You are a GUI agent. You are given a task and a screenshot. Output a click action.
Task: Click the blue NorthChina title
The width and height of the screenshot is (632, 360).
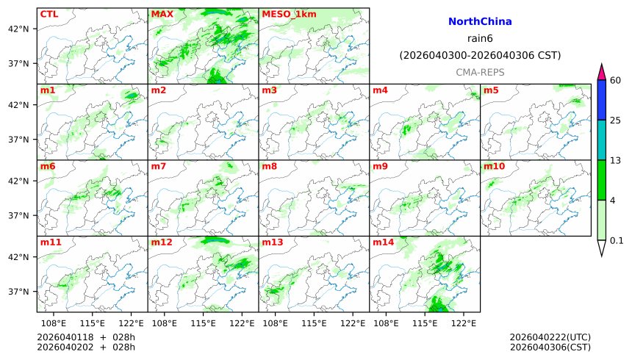click(480, 22)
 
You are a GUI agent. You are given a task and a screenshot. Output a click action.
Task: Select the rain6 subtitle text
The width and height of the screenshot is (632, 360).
click(480, 39)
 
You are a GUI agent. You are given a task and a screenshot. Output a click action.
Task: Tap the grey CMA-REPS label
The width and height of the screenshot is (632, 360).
click(480, 72)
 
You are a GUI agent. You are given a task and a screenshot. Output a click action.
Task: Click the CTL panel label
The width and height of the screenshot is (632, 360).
click(49, 14)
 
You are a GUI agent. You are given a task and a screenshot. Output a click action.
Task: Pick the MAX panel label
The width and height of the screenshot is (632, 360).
click(162, 14)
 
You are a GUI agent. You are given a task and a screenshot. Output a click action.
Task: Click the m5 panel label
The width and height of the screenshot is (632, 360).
click(491, 90)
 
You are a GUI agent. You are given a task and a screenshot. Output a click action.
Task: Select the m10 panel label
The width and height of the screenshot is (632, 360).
click(494, 166)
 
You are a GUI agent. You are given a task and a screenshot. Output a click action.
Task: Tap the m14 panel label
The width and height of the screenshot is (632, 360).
click(383, 242)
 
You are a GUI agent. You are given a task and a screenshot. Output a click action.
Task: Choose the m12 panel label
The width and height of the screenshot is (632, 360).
click(162, 242)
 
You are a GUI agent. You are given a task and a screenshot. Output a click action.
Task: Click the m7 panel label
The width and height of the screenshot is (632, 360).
click(158, 166)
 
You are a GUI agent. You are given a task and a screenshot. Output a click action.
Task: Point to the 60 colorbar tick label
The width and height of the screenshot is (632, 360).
click(616, 80)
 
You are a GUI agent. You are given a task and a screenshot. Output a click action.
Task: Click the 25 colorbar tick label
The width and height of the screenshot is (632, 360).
click(616, 120)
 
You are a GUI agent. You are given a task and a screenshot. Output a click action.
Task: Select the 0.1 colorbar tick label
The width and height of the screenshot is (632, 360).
click(617, 240)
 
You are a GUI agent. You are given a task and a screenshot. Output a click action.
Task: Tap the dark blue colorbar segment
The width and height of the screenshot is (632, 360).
click(602, 99)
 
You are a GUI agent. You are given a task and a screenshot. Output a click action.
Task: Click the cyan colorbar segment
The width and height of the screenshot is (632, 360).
click(602, 140)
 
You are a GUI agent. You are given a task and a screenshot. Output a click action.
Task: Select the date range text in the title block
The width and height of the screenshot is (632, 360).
click(480, 55)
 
